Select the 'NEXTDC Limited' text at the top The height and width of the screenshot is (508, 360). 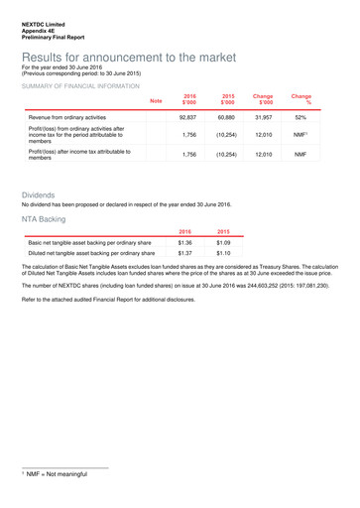point(45,22)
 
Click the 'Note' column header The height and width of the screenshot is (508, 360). point(156,101)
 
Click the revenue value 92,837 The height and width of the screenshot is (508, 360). point(189,118)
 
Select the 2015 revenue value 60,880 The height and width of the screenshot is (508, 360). point(228,118)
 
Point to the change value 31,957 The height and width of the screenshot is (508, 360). point(264,118)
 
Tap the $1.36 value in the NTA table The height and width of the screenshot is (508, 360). point(184,242)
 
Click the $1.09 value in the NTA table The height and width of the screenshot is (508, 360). point(222,242)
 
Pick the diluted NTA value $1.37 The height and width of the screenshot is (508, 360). point(184,253)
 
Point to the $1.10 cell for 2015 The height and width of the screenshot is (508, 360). point(222,253)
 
